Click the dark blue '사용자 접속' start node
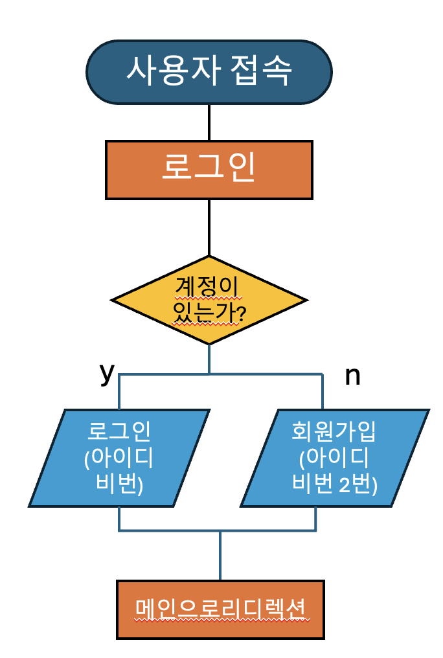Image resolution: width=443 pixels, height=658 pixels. tap(209, 71)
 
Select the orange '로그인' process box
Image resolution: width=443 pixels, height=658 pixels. tap(209, 169)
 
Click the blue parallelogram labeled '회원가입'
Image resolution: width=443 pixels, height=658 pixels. tap(335, 457)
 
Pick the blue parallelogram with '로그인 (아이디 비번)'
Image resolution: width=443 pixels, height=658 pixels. tap(120, 457)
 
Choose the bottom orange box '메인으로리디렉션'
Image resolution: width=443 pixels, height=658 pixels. tap(220, 609)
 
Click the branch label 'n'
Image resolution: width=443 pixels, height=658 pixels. tap(352, 376)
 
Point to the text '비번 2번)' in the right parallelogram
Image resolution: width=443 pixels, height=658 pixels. tap(335, 484)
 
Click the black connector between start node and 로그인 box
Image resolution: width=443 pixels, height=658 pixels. tap(209, 123)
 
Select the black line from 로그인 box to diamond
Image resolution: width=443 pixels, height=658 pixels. tap(209, 227)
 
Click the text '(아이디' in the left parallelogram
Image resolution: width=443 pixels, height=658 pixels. tap(119, 458)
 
